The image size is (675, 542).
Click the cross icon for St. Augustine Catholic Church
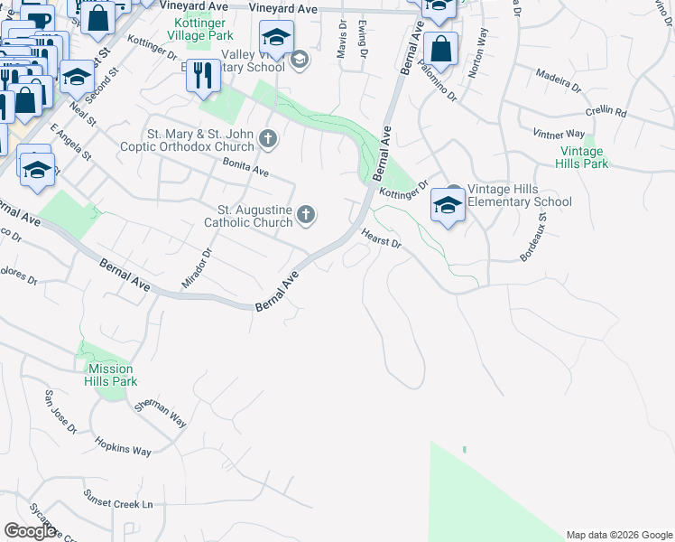point(306,214)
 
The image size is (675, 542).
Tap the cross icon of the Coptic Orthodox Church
point(267,139)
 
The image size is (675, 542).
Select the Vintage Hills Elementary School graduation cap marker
point(448,205)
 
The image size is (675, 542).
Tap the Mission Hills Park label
point(112,375)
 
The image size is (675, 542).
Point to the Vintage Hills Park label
point(584,157)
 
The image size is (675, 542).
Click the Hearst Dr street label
point(380,238)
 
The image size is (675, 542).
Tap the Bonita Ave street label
point(245,166)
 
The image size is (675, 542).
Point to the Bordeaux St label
point(533,238)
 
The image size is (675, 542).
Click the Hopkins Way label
point(124,449)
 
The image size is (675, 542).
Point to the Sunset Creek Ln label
point(118,500)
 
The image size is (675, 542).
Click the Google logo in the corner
point(30,530)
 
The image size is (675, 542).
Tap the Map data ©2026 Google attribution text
point(618,535)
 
